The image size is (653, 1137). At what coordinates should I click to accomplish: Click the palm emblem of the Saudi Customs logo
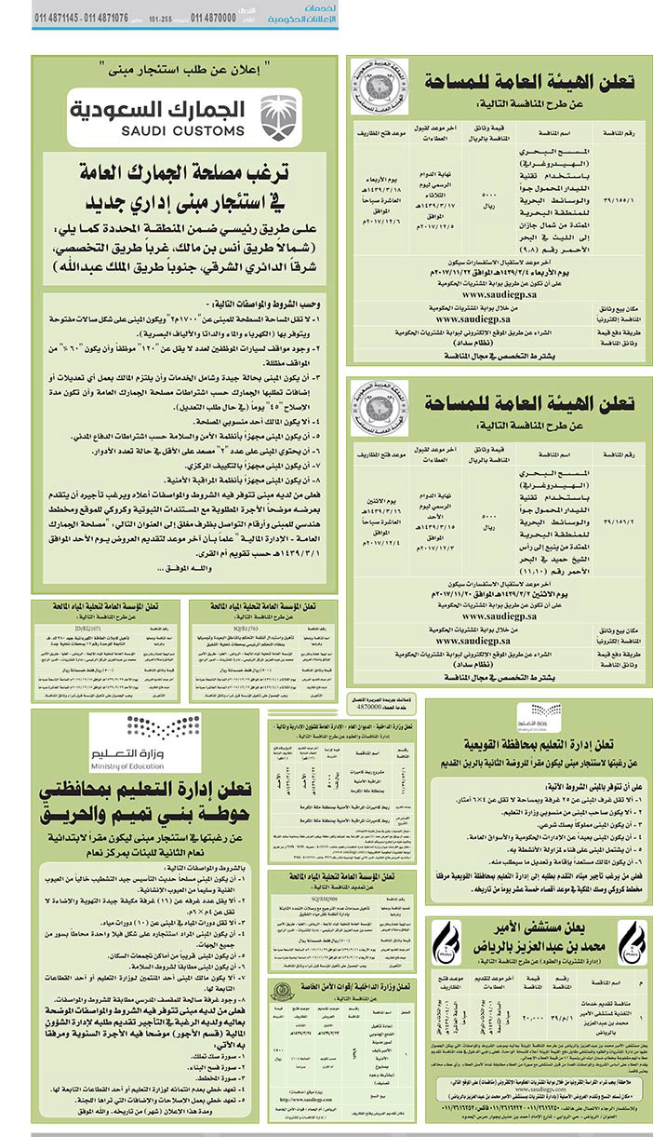click(277, 116)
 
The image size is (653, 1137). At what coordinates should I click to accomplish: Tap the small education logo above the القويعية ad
click(533, 714)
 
